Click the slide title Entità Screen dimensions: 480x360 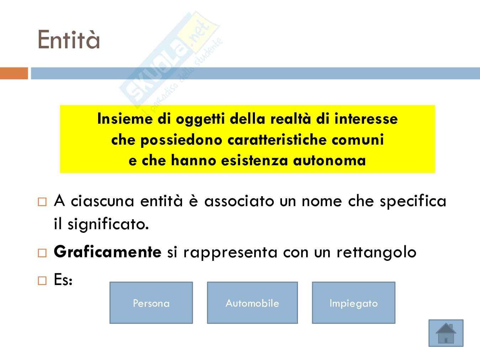(69, 39)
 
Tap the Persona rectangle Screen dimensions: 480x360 (151, 302)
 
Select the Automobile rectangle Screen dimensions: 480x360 (252, 302)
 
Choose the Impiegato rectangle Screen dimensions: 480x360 (354, 302)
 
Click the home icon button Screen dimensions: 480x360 (446, 333)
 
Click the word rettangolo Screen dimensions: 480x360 (376, 253)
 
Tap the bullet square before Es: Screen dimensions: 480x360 (42, 281)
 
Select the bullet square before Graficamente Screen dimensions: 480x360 (42, 253)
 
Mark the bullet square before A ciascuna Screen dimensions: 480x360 (42, 202)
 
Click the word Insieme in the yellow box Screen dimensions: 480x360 (125, 119)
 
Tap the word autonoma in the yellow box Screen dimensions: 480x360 (329, 161)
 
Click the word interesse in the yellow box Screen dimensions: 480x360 (366, 119)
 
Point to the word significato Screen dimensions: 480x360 (108, 225)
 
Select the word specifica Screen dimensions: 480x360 (413, 201)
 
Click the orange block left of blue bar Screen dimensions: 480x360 (14, 73)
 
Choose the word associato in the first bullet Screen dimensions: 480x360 (239, 201)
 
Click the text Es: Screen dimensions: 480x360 (63, 280)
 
